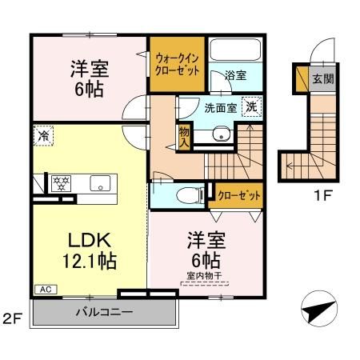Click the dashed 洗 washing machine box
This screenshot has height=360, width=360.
[x=251, y=107]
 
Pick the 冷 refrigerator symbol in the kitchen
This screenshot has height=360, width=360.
[x=41, y=137]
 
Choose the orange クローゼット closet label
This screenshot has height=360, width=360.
[x=230, y=194]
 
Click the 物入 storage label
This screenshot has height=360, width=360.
[x=184, y=137]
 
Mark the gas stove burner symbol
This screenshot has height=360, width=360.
[x=62, y=182]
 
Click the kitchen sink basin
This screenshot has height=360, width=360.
[x=101, y=181]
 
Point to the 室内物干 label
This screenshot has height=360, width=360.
[x=203, y=277]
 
